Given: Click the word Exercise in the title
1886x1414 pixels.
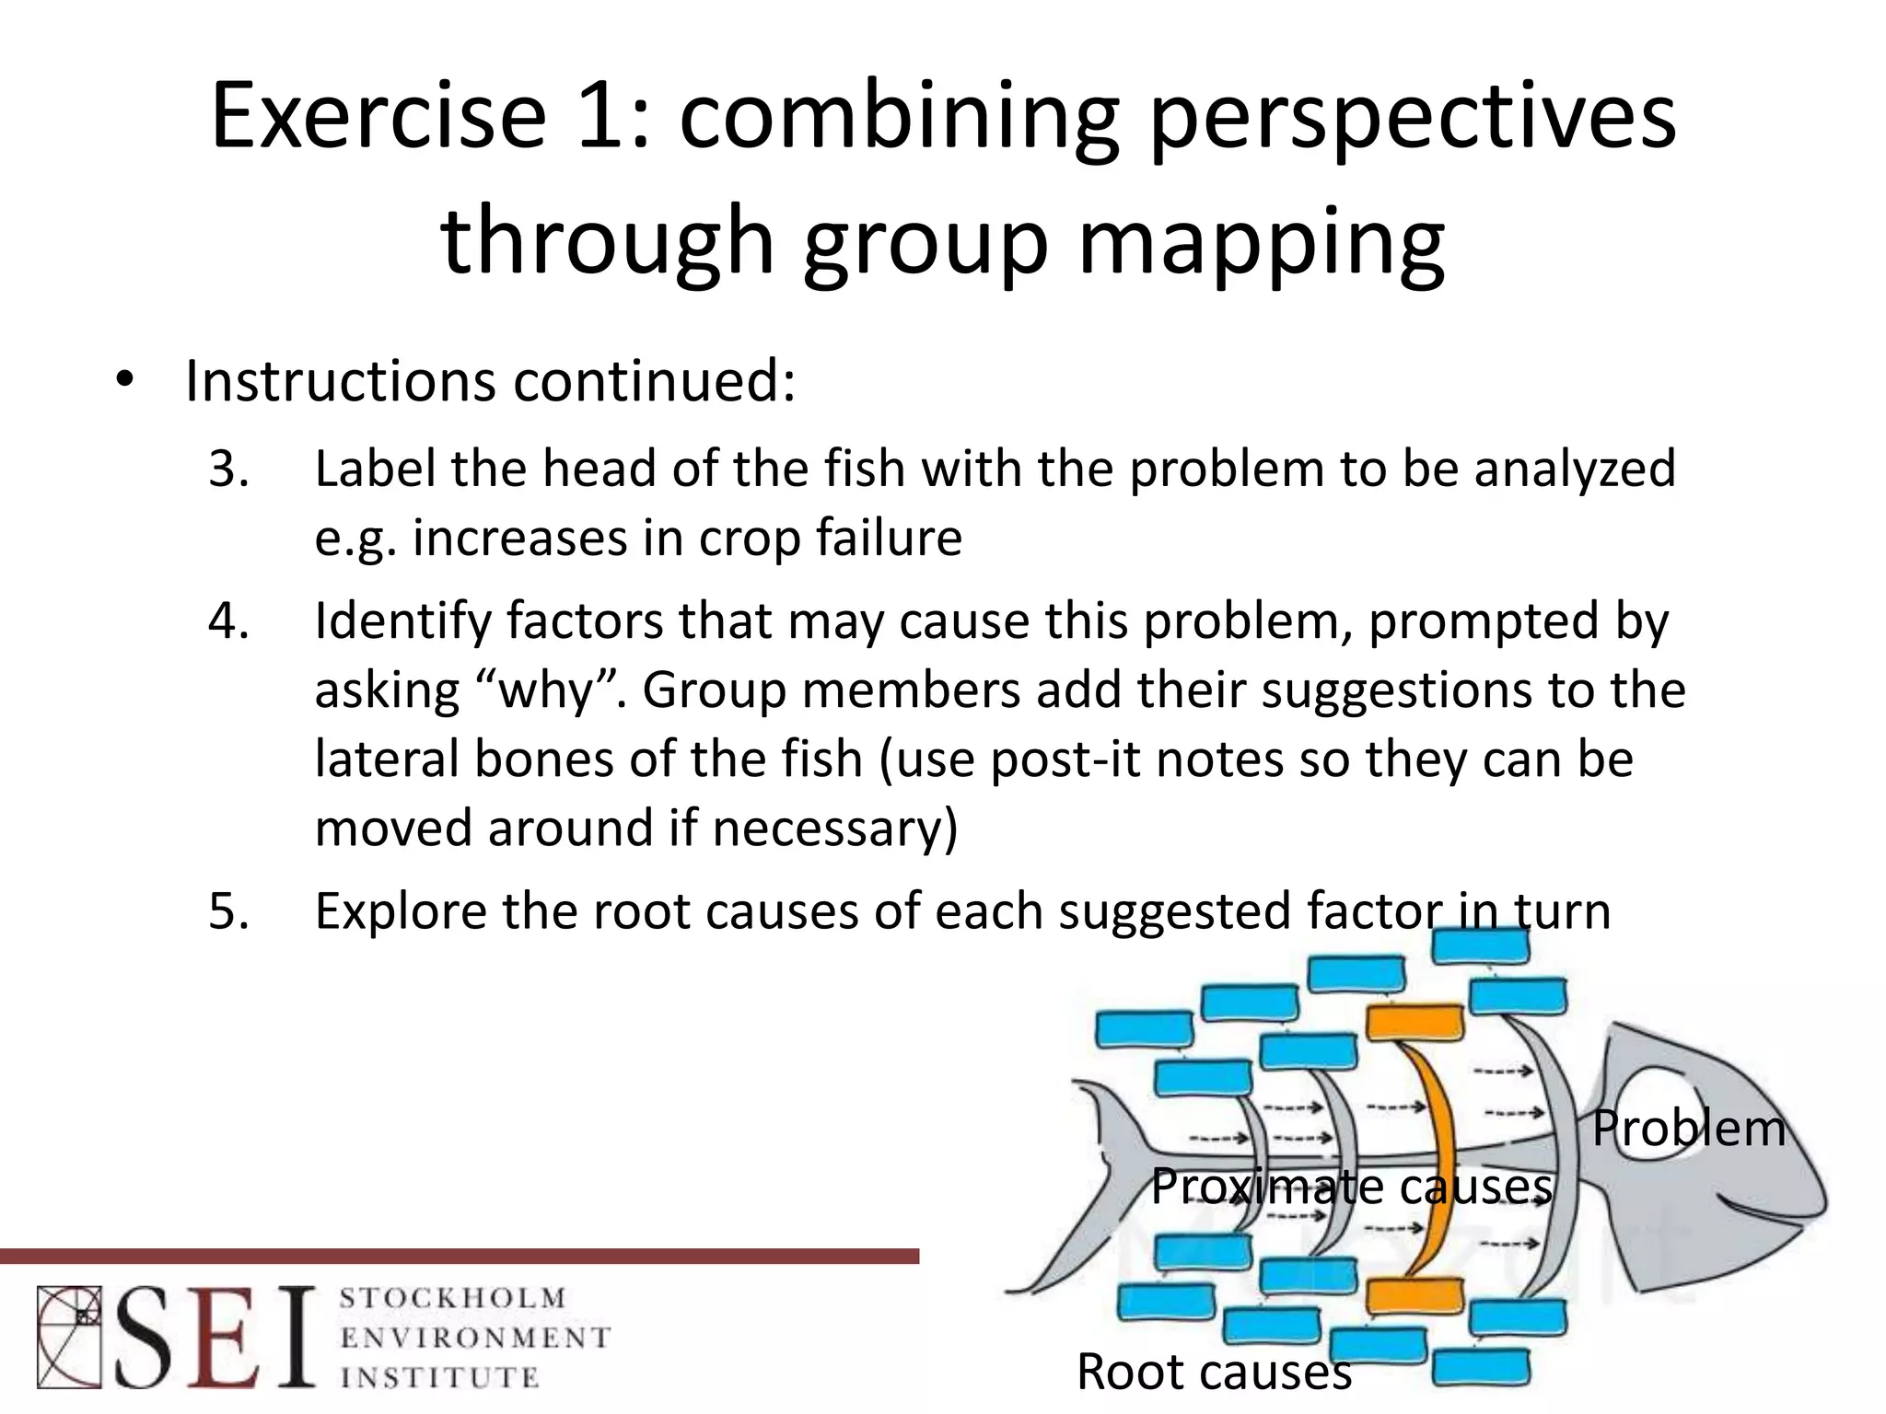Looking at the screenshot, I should click(x=378, y=117).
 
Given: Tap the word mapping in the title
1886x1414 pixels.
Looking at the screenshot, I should click(x=1260, y=242).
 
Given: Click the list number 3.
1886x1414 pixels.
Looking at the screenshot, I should click(x=228, y=469).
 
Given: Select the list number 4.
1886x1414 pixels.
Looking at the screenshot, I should click(x=228, y=620).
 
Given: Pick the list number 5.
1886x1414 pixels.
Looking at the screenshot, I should click(x=228, y=911).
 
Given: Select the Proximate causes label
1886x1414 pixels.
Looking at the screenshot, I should click(x=1351, y=1186).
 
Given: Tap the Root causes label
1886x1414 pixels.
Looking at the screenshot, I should click(x=1213, y=1371).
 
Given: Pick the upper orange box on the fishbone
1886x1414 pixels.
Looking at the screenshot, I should click(x=1414, y=1022).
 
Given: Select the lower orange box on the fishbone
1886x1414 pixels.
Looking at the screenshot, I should click(x=1414, y=1295).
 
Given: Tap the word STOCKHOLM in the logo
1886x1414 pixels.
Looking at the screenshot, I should click(x=452, y=1299).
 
